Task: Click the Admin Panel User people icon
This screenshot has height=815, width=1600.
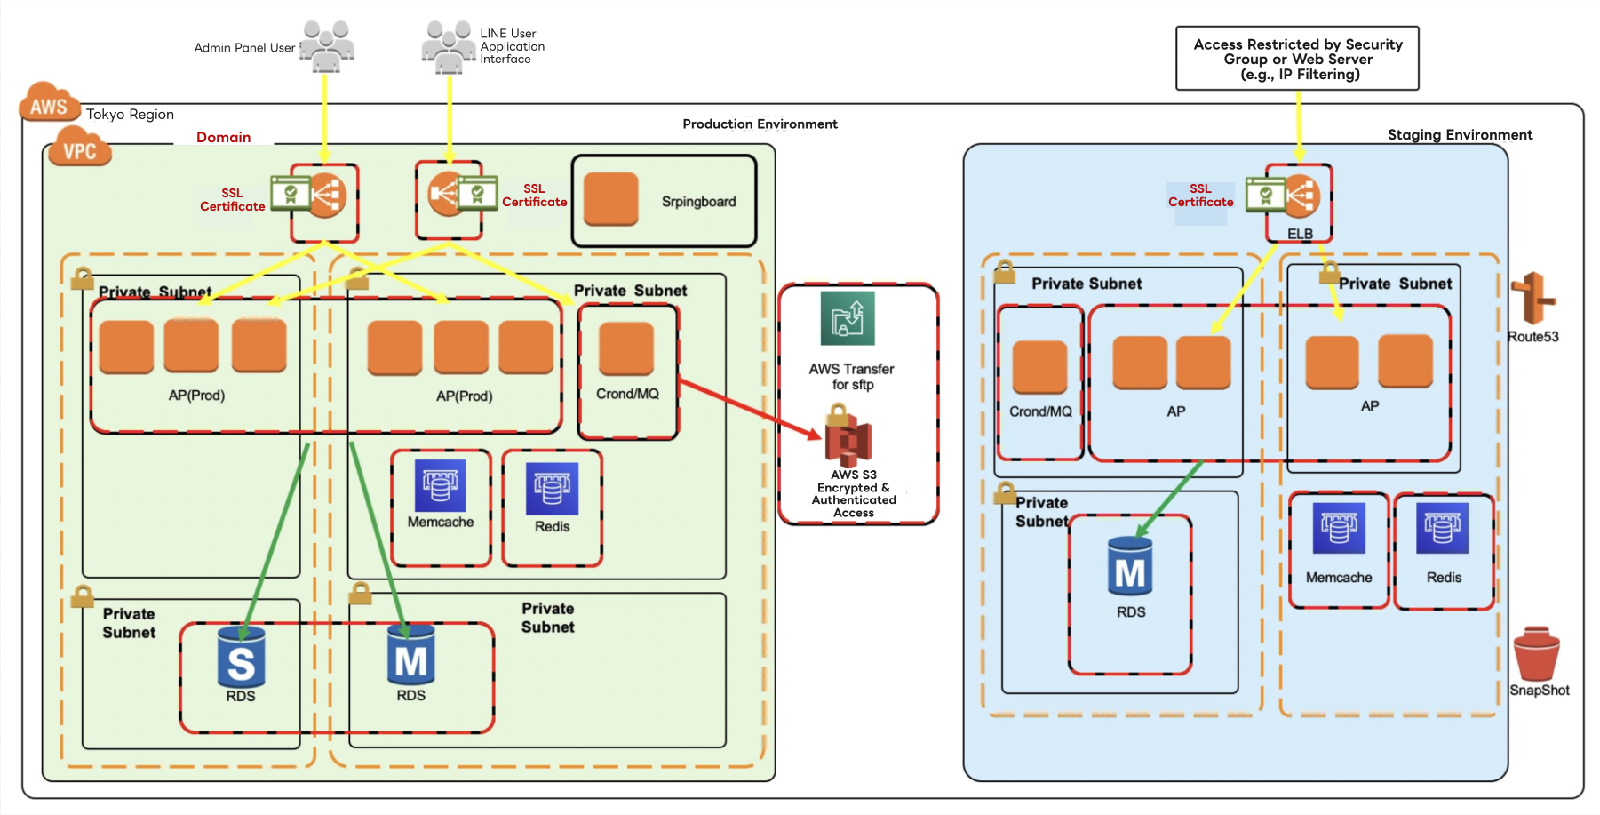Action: click(327, 46)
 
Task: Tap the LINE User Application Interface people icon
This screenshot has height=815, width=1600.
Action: click(449, 46)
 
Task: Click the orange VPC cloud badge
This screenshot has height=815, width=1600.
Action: click(80, 148)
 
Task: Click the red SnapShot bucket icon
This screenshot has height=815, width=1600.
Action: click(1537, 654)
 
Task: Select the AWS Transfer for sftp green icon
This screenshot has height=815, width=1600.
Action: click(848, 318)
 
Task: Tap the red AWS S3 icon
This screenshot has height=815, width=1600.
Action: click(848, 438)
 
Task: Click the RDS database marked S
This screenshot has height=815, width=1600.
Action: click(241, 658)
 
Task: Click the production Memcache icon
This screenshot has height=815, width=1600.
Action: click(441, 487)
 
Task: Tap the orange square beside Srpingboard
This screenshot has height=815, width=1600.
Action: click(611, 200)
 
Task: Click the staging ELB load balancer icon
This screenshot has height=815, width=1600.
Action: click(1301, 196)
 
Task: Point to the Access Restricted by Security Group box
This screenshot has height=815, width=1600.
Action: click(1297, 59)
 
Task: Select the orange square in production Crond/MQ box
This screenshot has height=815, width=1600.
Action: click(626, 348)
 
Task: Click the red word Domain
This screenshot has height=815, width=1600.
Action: click(224, 137)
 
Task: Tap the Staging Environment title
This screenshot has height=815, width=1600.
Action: click(1460, 135)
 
